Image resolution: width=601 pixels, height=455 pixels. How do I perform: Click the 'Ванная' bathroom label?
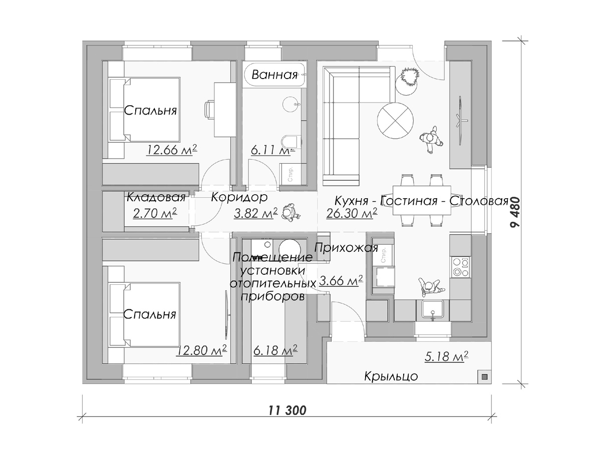pyautogui.click(x=274, y=75)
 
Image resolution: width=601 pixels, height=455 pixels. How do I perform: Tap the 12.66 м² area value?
pyautogui.click(x=172, y=150)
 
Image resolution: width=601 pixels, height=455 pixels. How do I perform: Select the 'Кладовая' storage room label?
pyautogui.click(x=156, y=197)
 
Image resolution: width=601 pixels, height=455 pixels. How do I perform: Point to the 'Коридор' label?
pyautogui.click(x=239, y=197)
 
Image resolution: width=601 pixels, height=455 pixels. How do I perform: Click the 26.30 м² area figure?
pyautogui.click(x=352, y=213)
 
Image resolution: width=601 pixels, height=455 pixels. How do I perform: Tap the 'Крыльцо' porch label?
pyautogui.click(x=391, y=376)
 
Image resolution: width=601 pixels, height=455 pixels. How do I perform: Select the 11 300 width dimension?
pyautogui.click(x=287, y=410)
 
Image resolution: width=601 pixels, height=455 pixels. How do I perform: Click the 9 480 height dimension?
pyautogui.click(x=515, y=212)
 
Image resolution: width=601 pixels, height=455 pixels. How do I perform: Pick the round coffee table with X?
pyautogui.click(x=395, y=121)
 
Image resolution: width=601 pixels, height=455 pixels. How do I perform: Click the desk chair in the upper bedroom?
pyautogui.click(x=209, y=110)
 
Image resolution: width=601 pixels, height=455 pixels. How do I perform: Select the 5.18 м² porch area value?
pyautogui.click(x=446, y=356)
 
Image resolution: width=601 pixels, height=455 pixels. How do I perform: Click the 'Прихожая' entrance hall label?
pyautogui.click(x=346, y=248)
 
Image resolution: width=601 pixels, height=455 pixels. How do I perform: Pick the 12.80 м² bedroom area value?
pyautogui.click(x=201, y=350)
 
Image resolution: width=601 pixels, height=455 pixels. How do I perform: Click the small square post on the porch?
pyautogui.click(x=484, y=377)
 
